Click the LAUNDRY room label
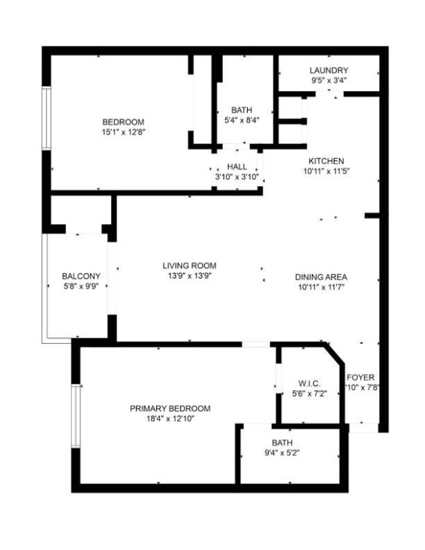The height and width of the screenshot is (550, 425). coord(329,70)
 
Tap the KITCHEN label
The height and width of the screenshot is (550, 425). coord(326,161)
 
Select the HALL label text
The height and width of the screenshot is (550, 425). coord(237,167)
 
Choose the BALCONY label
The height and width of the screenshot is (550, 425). coord(81,276)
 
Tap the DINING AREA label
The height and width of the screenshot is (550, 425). coord(321,276)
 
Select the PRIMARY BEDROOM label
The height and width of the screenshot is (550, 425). coord(170,408)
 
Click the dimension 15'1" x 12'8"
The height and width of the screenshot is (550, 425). coord(124,132)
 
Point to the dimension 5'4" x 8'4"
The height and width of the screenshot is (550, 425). coord(242,120)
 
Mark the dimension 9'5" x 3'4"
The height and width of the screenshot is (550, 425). coord(329,81)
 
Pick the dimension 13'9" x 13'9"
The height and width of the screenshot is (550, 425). coord(189,276)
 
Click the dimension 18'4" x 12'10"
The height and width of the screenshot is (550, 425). coord(170,419)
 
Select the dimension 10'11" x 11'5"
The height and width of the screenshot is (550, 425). coord(326,171)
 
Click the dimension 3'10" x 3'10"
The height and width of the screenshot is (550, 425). coord(237,177)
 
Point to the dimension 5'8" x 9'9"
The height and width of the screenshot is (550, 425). coord(81,286)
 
